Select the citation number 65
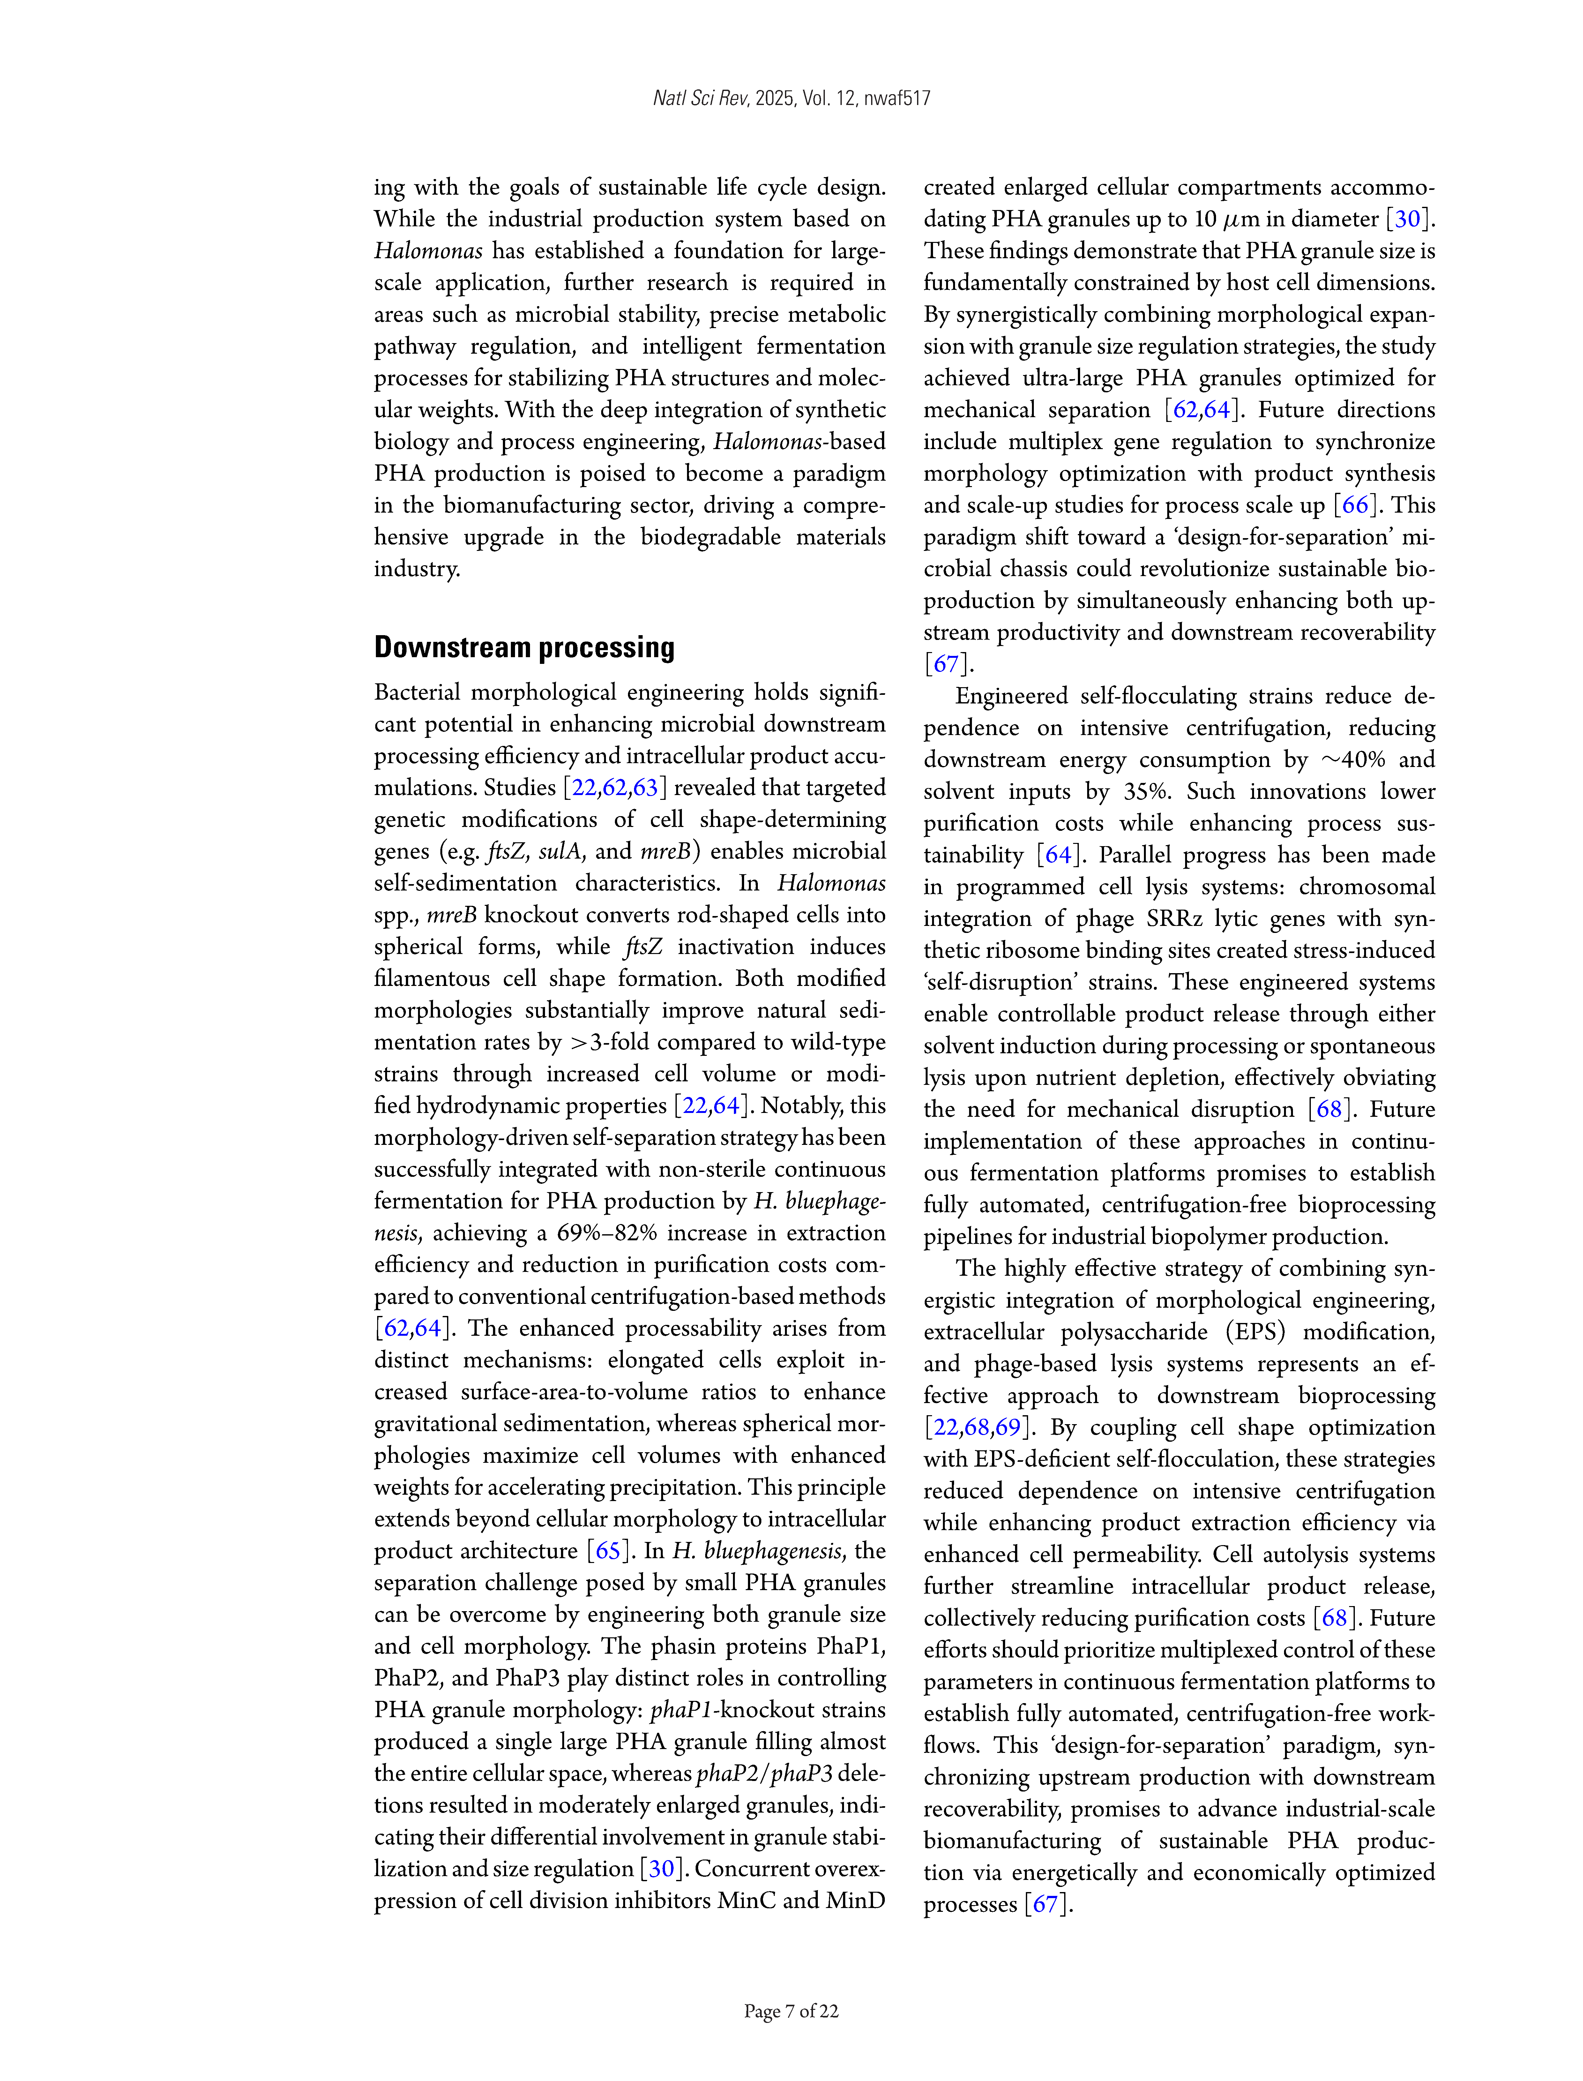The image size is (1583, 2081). tap(608, 1551)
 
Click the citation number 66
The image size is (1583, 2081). tap(1355, 505)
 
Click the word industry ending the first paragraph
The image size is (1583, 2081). tap(416, 569)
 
